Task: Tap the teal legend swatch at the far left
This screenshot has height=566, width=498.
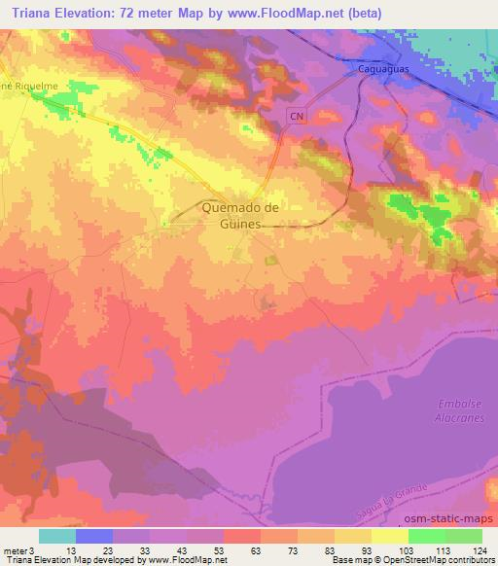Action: pos(57,536)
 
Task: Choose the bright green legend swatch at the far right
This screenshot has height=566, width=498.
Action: pos(464,536)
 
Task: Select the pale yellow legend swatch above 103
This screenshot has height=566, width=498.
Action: pos(390,536)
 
